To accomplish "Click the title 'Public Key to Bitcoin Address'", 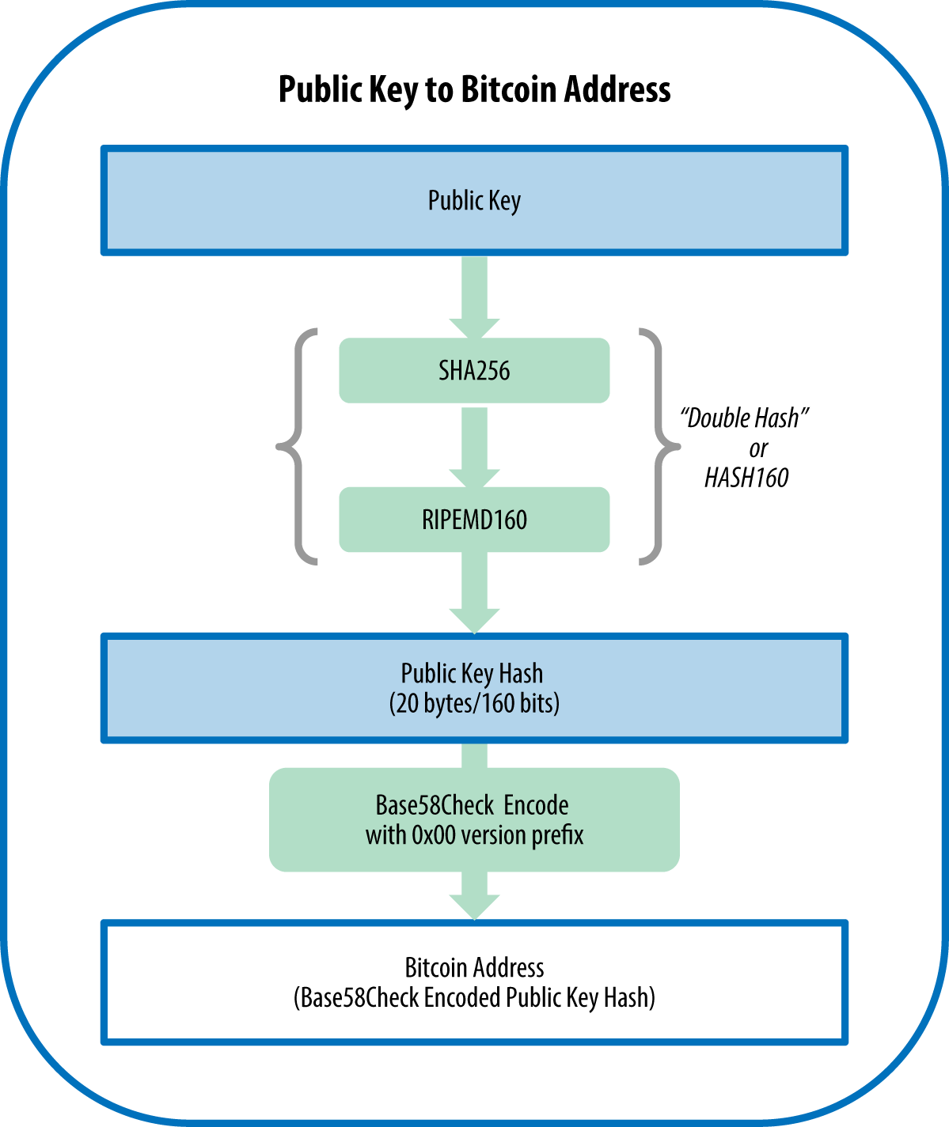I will click(x=474, y=89).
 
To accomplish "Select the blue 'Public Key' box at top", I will click(x=474, y=201).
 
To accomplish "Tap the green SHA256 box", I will click(x=474, y=371).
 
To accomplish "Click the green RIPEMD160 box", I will click(x=474, y=520).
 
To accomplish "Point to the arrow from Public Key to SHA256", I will click(x=474, y=297).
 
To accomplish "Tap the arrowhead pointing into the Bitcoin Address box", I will click(x=474, y=905).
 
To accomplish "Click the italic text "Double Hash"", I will click(x=744, y=418).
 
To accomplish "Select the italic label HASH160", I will click(x=746, y=478).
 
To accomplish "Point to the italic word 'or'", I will click(x=758, y=448).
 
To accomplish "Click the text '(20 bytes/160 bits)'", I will click(x=474, y=703).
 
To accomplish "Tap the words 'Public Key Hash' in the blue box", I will click(x=472, y=673).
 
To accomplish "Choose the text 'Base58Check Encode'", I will click(x=472, y=805).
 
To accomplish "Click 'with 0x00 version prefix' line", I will click(x=474, y=835).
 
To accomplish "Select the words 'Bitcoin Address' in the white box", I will click(x=474, y=967).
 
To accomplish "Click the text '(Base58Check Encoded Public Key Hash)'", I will click(x=474, y=998).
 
